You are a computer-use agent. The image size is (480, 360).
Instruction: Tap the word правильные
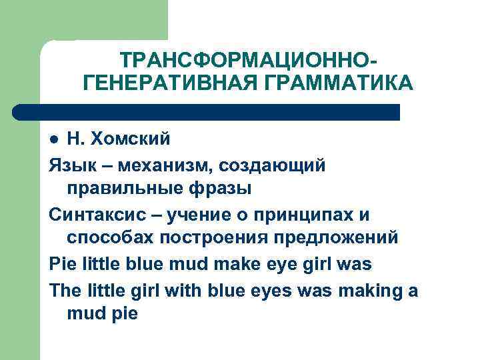124,189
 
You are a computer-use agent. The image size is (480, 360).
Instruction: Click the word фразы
219,189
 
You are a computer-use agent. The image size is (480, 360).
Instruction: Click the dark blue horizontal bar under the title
207,111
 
